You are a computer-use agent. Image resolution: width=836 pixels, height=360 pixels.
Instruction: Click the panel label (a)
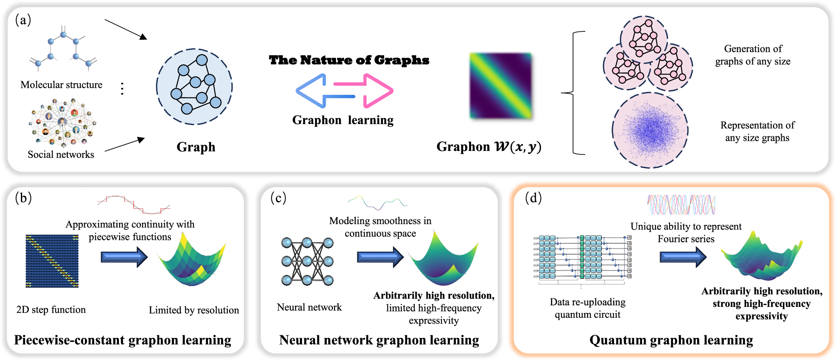click(x=23, y=20)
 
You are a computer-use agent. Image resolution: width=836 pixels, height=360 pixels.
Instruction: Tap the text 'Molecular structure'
click(x=61, y=85)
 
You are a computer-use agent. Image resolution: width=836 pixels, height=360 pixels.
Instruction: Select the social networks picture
click(x=62, y=123)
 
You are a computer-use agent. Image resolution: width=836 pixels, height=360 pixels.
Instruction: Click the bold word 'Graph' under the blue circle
click(x=196, y=147)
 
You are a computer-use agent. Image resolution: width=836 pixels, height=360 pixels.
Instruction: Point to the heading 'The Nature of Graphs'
click(x=349, y=60)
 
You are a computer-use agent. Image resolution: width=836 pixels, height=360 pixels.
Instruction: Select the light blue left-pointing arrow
click(x=322, y=91)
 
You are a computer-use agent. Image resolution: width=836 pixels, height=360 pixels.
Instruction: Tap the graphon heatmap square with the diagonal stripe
click(x=500, y=86)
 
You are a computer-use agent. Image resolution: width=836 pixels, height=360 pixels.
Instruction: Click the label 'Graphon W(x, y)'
click(x=489, y=147)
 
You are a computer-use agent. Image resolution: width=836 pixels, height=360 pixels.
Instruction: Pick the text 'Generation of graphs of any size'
click(x=753, y=55)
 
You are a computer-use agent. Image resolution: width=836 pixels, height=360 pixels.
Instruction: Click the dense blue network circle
click(x=650, y=130)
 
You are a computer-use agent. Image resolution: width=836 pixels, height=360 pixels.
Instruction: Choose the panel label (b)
click(x=23, y=198)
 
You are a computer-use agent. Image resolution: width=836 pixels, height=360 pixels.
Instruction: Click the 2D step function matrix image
click(x=52, y=261)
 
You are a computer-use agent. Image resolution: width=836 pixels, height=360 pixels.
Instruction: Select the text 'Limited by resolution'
click(x=194, y=310)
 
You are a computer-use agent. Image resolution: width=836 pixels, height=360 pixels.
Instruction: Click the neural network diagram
click(x=307, y=261)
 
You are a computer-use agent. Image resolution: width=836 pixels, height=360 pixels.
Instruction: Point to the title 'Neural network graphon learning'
click(x=379, y=340)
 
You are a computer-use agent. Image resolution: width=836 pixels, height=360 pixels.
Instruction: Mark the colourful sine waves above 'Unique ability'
click(x=681, y=204)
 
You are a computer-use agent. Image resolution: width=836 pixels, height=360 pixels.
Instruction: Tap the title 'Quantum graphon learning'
click(x=671, y=340)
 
